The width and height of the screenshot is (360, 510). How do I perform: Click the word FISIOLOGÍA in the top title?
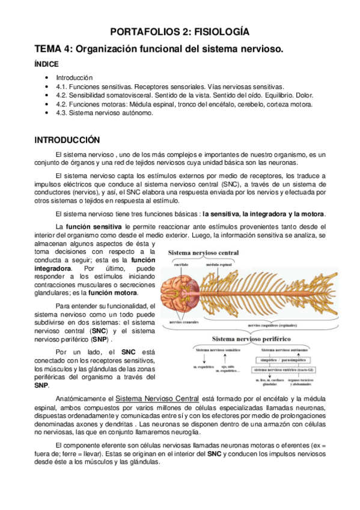click(224, 32)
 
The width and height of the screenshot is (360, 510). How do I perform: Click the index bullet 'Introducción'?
click(75, 78)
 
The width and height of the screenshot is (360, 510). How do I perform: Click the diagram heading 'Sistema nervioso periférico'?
click(249, 339)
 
